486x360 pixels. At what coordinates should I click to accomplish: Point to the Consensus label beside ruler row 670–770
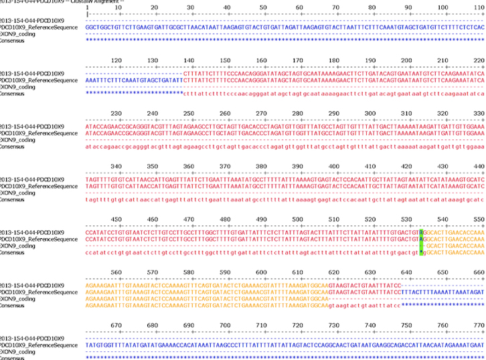pyautogui.click(x=13, y=358)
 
